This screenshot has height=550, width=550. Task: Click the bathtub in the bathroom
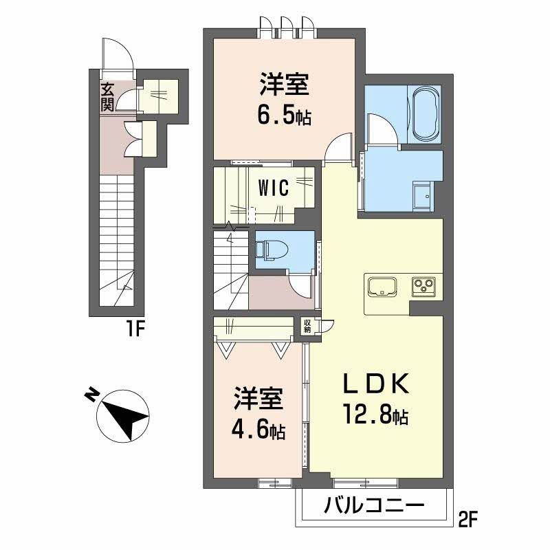click(x=426, y=115)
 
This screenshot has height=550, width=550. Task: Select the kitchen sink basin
click(x=382, y=286)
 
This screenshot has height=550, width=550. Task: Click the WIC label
click(x=274, y=188)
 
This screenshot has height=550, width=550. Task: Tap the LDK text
click(x=376, y=384)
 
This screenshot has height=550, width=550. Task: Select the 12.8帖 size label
click(x=375, y=415)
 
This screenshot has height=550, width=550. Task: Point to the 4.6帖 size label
click(x=258, y=430)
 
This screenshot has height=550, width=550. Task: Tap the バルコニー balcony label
click(x=374, y=506)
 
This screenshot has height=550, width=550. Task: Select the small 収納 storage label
click(x=307, y=325)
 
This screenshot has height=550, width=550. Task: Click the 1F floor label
click(x=135, y=329)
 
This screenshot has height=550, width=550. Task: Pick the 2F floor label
click(x=468, y=520)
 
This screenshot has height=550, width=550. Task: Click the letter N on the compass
click(x=92, y=395)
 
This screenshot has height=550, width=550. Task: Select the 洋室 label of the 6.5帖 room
click(x=285, y=84)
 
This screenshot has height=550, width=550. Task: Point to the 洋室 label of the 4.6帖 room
click(x=258, y=399)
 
